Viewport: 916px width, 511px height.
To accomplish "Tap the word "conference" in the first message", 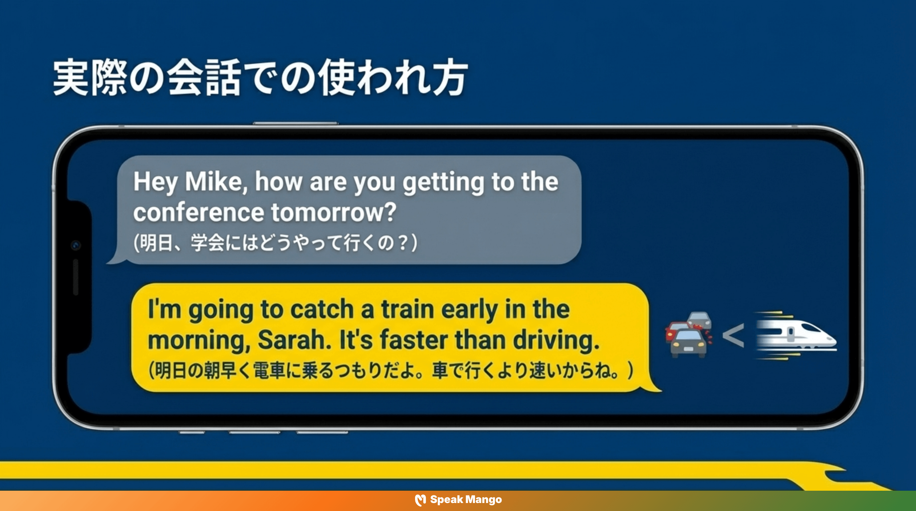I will pos(198,213).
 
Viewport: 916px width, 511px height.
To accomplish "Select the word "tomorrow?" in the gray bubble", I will pos(334,213).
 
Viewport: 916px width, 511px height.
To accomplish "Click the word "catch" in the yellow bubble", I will pos(322,309).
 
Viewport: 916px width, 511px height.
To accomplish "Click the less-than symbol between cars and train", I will pos(733,335).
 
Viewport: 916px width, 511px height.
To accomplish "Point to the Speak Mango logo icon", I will pos(420,500).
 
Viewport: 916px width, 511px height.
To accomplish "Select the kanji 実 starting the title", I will pos(71,78).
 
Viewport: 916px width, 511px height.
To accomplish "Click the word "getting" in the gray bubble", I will pos(443,182).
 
